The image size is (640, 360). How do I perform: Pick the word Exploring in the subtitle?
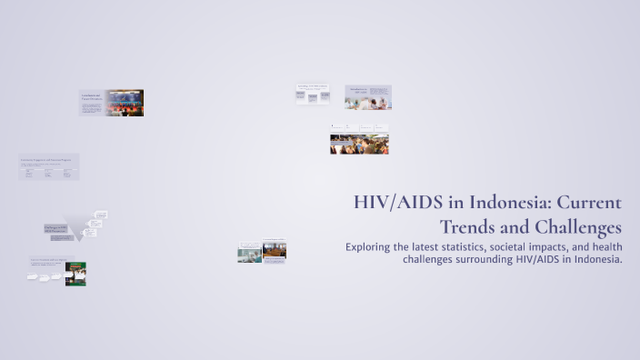click(374, 247)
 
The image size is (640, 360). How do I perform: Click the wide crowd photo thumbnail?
click(359, 144)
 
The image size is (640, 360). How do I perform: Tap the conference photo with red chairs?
click(125, 103)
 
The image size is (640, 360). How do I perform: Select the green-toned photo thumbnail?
click(75, 274)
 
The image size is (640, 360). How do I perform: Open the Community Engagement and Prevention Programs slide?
click(49, 166)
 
